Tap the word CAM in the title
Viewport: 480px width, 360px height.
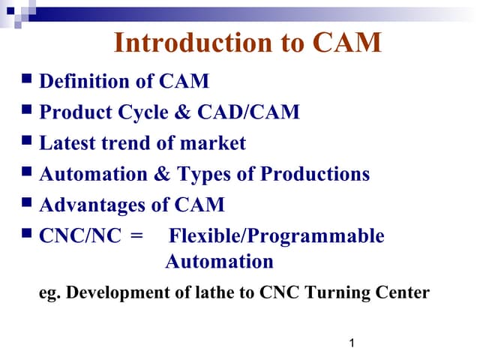click(346, 43)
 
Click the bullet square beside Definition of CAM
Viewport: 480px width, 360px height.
click(27, 78)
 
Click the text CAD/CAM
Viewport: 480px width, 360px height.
click(248, 112)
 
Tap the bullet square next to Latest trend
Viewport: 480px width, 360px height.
click(27, 139)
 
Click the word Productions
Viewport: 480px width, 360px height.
click(315, 174)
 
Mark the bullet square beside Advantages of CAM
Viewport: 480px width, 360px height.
click(27, 202)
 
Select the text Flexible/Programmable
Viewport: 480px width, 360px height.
click(276, 236)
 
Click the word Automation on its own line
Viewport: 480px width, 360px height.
click(219, 262)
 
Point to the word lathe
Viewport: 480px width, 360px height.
click(216, 292)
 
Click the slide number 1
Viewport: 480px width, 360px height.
click(352, 343)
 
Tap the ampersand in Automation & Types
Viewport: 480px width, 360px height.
click(162, 174)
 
